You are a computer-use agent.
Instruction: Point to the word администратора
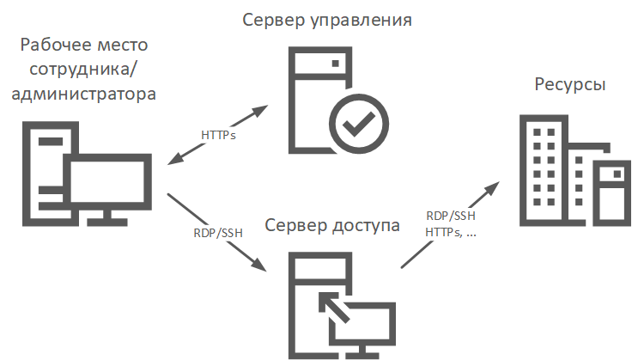tap(84, 93)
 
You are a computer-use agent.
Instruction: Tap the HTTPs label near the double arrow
tap(219, 135)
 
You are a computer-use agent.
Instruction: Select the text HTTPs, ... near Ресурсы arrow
tap(452, 233)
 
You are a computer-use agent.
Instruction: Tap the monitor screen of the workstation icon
tap(107, 184)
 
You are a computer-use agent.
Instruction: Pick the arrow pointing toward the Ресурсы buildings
tap(451, 223)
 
